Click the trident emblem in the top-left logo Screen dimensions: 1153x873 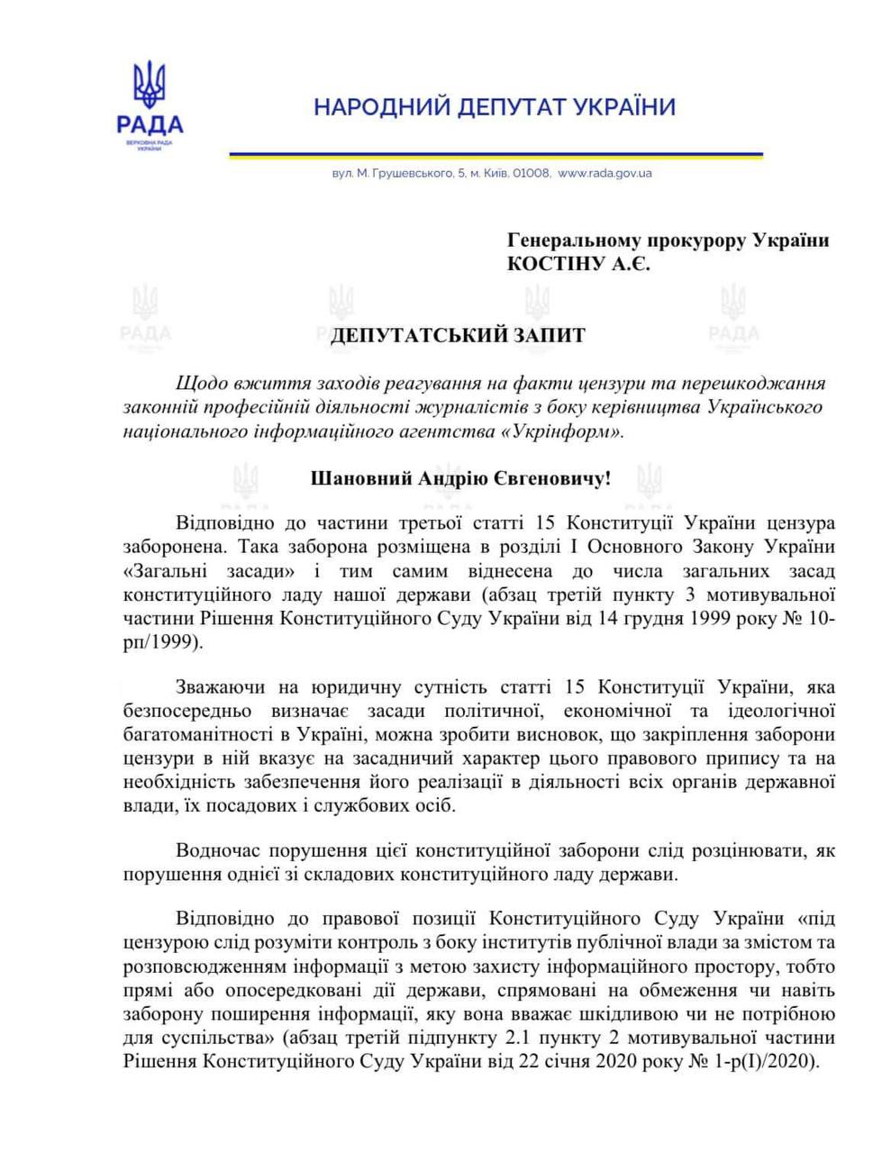click(150, 86)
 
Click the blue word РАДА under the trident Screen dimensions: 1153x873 click(150, 125)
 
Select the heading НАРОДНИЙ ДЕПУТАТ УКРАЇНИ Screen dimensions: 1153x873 click(495, 108)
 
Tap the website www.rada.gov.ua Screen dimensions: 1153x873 click(605, 173)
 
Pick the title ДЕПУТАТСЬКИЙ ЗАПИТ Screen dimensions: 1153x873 click(458, 336)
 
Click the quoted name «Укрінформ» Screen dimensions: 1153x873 click(569, 431)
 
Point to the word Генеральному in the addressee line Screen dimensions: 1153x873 click(572, 241)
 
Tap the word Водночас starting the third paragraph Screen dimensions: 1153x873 click(220, 849)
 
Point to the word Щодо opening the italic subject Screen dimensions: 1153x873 click(199, 383)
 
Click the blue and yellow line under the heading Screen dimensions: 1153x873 click(495, 156)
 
